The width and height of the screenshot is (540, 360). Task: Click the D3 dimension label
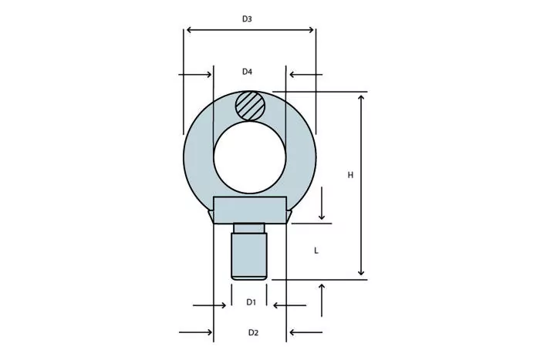point(247,19)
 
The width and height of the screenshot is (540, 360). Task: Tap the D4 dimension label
point(247,72)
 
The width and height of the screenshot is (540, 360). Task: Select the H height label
point(350,175)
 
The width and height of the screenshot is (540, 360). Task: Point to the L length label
point(316,251)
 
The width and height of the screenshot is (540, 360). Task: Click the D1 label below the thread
point(251,302)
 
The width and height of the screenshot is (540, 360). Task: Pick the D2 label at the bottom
point(253,332)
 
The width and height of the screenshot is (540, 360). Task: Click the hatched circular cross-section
point(251,106)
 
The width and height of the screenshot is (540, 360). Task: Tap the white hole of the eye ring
point(250,157)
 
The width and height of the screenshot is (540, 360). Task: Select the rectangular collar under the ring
point(250,210)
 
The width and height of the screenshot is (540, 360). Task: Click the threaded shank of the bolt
point(249,257)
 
